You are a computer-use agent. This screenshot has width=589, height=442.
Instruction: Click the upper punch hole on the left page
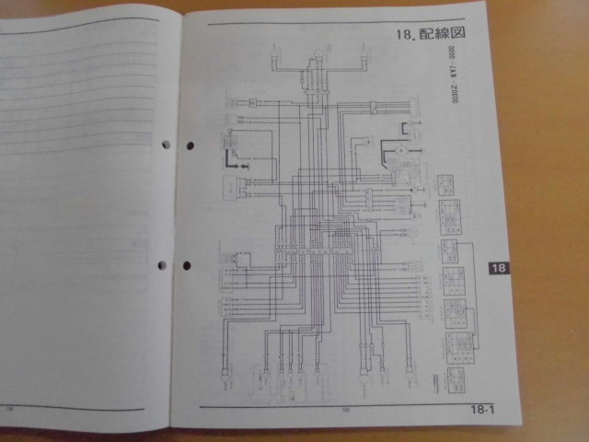click(167, 145)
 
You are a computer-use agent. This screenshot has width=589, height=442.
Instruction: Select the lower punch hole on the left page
click(163, 265)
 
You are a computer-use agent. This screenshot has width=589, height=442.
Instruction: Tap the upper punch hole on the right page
click(191, 145)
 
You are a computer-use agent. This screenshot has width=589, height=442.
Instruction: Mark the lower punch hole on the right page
click(187, 265)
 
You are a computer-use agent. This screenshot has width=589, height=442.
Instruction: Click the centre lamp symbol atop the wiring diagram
click(318, 55)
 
